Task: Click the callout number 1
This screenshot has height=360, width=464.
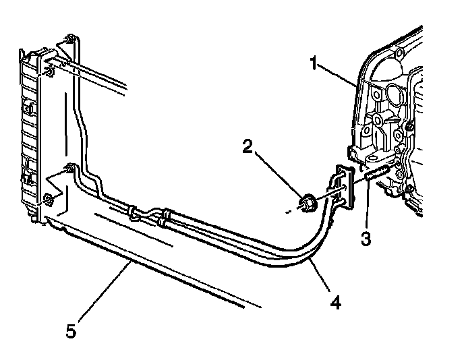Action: click(313, 64)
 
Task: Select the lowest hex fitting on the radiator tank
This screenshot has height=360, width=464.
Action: click(49, 199)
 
